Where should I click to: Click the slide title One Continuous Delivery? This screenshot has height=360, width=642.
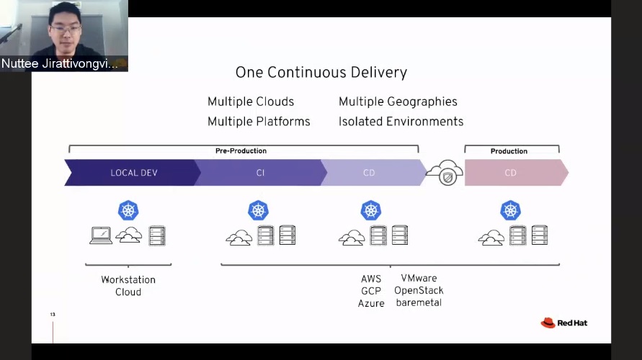coord(321,73)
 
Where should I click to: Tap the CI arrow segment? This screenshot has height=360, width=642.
coord(260,173)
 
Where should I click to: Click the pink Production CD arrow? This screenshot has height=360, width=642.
coord(516,173)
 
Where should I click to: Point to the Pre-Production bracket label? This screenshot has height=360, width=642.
coord(241,151)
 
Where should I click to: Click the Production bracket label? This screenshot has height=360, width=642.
coord(509,151)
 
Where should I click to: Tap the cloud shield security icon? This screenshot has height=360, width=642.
coord(445,172)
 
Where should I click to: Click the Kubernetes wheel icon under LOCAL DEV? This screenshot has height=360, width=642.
coord(128,210)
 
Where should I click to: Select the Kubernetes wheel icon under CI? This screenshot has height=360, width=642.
coord(259,210)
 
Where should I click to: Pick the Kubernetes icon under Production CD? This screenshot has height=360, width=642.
coord(511,210)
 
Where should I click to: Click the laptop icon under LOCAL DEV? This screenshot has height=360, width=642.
coord(101,235)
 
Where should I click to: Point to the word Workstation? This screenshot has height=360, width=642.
coord(128,280)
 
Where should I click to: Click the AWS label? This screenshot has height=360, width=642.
coord(371,279)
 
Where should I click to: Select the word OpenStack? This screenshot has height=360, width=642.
coord(419,290)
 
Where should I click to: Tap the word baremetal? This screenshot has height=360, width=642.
coord(419,302)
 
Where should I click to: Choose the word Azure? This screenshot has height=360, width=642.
coord(371,304)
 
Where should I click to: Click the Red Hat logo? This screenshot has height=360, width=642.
coord(563,323)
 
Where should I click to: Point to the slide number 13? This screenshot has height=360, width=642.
coord(53,314)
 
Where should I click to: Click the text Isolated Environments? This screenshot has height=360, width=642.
coord(401,122)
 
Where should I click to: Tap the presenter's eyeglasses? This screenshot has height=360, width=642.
coord(66,29)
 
